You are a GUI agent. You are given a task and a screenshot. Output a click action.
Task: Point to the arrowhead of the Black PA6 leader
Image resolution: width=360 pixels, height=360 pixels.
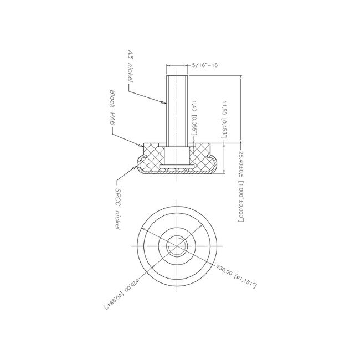pyautogui.click(x=142, y=145)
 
